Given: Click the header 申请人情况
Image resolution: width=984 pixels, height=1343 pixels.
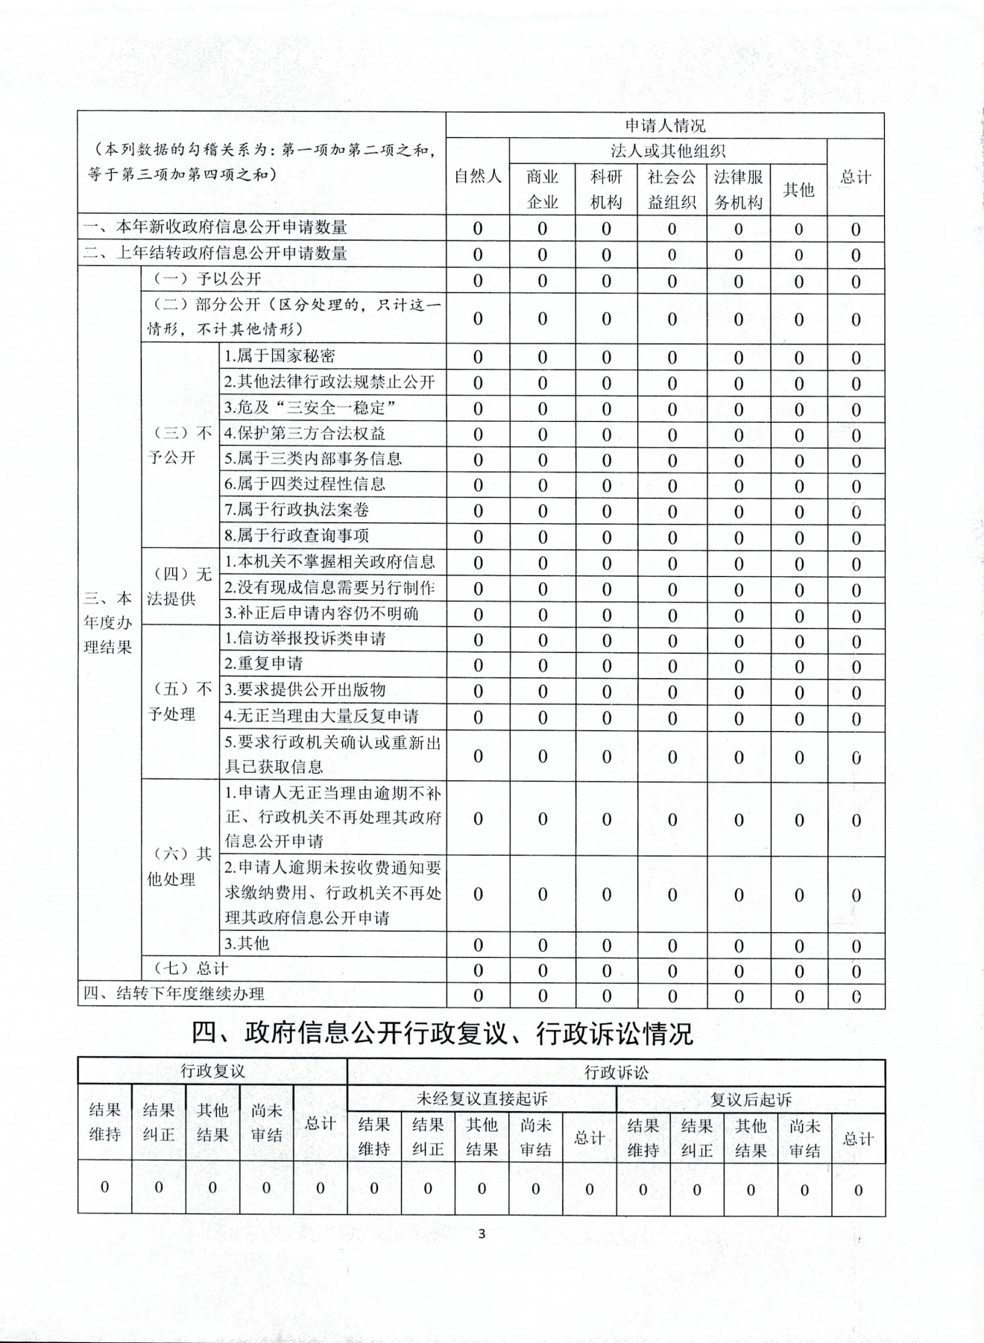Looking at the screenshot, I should [664, 125].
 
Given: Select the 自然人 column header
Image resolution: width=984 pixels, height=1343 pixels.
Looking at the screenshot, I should [478, 177].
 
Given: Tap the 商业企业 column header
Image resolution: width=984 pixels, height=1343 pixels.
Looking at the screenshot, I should [542, 189].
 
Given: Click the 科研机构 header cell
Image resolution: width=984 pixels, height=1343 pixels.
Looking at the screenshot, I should [605, 189].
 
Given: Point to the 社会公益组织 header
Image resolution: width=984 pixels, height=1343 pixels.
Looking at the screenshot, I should [671, 189].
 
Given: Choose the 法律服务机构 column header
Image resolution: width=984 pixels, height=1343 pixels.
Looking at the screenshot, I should [738, 189].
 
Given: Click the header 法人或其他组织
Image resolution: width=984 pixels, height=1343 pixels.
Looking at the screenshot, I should [667, 151].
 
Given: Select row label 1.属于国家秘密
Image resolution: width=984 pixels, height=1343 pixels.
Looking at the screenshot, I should [280, 356].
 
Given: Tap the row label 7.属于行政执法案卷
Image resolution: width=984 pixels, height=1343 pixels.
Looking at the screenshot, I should [296, 510].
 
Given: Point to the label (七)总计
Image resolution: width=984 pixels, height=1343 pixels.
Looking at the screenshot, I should [190, 968].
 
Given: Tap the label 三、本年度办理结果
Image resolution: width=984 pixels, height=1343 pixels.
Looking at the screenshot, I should [108, 622].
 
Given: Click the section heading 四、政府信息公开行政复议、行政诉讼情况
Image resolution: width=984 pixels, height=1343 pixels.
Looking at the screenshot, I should [442, 1033].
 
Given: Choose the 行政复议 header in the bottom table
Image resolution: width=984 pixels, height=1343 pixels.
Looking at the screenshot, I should [212, 1071].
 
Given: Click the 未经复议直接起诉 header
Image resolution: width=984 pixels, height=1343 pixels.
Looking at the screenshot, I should [482, 1099].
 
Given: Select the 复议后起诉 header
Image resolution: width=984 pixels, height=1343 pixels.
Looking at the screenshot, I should [750, 1099].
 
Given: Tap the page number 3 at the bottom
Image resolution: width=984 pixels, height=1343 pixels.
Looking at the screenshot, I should [482, 1234].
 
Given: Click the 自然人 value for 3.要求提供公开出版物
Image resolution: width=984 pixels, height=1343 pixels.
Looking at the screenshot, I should [478, 692].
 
